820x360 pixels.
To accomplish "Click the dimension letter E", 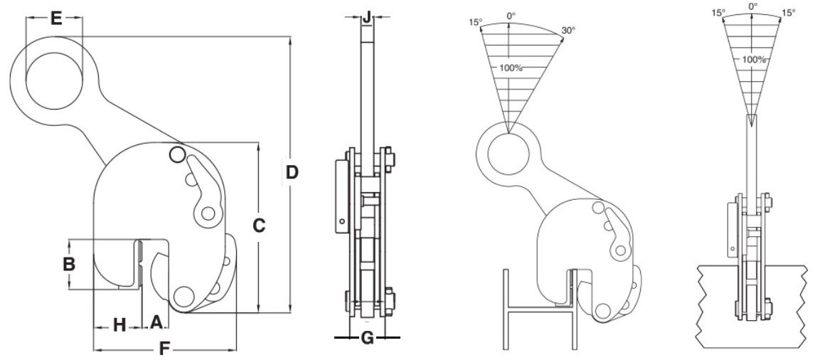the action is pos(55,18).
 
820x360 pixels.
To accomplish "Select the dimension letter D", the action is pos(292,172).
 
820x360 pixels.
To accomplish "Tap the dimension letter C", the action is pos(258,226).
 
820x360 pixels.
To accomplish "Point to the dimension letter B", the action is pos(69,264).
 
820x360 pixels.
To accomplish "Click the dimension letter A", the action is pos(156,322).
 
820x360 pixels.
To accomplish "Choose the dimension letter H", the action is pos(119,325).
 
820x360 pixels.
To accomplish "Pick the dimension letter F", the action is pos(164,349).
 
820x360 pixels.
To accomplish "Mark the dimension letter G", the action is pos(368,338).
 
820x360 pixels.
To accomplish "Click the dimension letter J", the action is pos(367,17).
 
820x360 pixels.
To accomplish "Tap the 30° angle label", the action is pos(568,31).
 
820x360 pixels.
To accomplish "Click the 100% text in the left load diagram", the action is pos(511,68).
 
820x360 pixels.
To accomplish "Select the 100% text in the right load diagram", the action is pos(754,60).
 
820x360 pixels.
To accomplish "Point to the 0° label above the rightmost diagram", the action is pos(752,6).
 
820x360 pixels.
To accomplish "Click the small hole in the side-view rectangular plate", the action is pos(342,221).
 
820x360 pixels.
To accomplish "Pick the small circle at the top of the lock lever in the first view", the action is pos(177,154).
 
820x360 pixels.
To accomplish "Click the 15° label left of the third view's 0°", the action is pos(475,23).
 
